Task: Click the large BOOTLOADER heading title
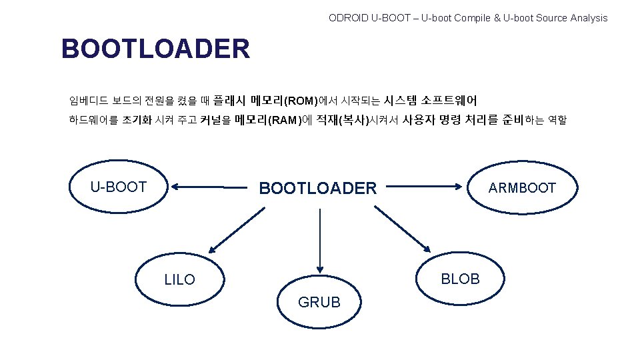point(155,49)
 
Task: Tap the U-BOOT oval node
point(119,187)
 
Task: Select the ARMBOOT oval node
point(521,187)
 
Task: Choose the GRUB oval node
point(319,302)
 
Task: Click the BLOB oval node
point(460,279)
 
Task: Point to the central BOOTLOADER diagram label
point(318,189)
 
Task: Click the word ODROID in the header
point(347,18)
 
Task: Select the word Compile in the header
point(473,18)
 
